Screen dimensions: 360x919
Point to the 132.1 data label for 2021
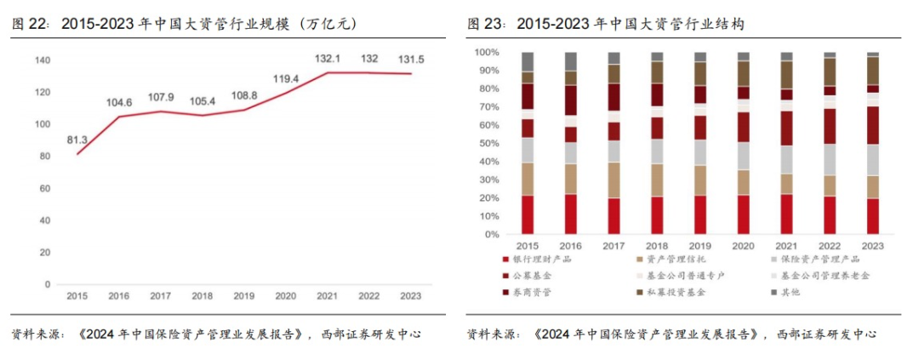pos(328,59)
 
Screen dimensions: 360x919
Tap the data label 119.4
pos(285,78)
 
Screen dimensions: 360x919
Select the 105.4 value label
pos(202,102)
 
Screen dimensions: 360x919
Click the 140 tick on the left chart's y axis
pos(43,60)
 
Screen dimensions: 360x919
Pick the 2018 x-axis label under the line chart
pos(202,295)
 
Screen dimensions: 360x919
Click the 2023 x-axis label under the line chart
pos(410,295)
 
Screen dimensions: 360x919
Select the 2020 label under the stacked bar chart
pos(744,246)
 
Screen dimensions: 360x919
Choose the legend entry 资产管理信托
pos(676,259)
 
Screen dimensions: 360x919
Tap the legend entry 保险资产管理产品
pos(819,259)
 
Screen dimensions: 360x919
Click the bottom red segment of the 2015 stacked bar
pos(528,214)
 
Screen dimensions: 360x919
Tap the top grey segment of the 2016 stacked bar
pos(570,60)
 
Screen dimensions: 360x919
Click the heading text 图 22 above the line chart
pos(27,25)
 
